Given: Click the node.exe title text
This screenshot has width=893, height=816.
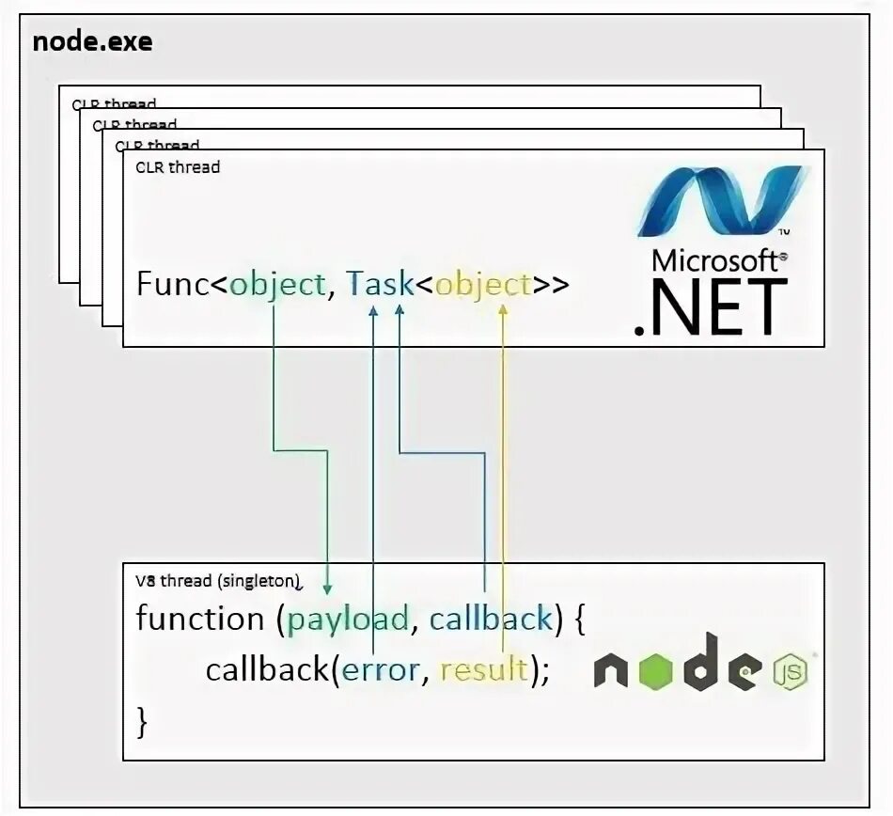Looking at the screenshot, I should pos(92,42).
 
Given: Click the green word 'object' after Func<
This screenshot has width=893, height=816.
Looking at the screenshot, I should pos(277,284).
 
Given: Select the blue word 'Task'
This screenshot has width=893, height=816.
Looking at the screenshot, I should pos(381,284).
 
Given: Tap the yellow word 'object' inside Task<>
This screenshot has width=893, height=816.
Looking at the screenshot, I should pos(483,284).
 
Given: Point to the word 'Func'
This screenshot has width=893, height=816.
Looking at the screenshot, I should pos(172,284).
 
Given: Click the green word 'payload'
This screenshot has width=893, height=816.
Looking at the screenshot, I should pos(348,620).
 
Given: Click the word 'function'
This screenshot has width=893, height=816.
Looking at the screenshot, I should pos(200,619).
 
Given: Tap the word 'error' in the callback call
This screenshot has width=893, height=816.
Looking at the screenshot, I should pos(381,670).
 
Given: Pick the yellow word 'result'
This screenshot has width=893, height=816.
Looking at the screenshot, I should pos(483,670).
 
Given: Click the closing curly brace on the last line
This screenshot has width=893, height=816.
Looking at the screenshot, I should pos(144,722).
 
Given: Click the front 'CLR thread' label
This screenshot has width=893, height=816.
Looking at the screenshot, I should pos(178,167).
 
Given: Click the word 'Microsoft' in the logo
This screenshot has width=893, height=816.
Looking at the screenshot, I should pos(713,260).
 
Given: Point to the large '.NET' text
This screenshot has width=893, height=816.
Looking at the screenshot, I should pos(712,307).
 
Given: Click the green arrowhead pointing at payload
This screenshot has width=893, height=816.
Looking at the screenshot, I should pos(328,587).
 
